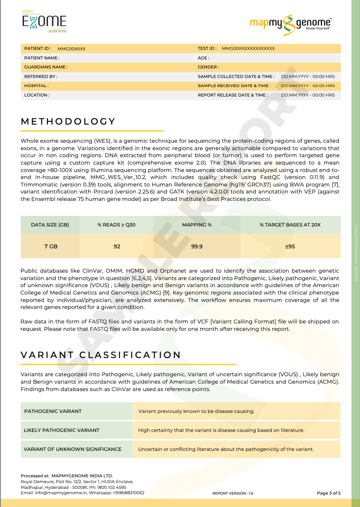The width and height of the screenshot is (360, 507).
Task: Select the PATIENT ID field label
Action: tap(38, 49)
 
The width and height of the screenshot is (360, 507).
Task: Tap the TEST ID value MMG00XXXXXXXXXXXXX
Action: tap(248, 49)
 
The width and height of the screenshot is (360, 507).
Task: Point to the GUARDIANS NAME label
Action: tap(46, 67)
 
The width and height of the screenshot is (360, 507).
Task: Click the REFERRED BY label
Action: tap(40, 76)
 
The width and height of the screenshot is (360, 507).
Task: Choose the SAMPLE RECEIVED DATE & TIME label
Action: tap(234, 86)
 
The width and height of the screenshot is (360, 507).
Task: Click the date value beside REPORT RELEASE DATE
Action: tap(308, 95)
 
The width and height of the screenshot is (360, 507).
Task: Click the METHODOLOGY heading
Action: tap(68, 121)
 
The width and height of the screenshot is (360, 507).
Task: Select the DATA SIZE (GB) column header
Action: tap(50, 225)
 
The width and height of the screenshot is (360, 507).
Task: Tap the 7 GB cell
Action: tap(50, 246)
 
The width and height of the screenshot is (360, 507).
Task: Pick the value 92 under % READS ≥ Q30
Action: tap(117, 246)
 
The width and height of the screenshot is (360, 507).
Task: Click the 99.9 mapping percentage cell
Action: tap(197, 246)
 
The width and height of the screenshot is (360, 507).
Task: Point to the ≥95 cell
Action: tap(290, 246)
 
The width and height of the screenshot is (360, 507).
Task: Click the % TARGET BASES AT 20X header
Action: tap(290, 225)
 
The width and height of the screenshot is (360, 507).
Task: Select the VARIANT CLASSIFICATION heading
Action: tap(101, 355)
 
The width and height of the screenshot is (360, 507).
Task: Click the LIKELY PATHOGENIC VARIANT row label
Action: tap(62, 430)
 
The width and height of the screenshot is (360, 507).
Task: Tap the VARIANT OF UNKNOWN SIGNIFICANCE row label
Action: tap(73, 449)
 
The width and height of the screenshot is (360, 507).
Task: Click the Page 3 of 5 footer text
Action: tap(329, 493)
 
